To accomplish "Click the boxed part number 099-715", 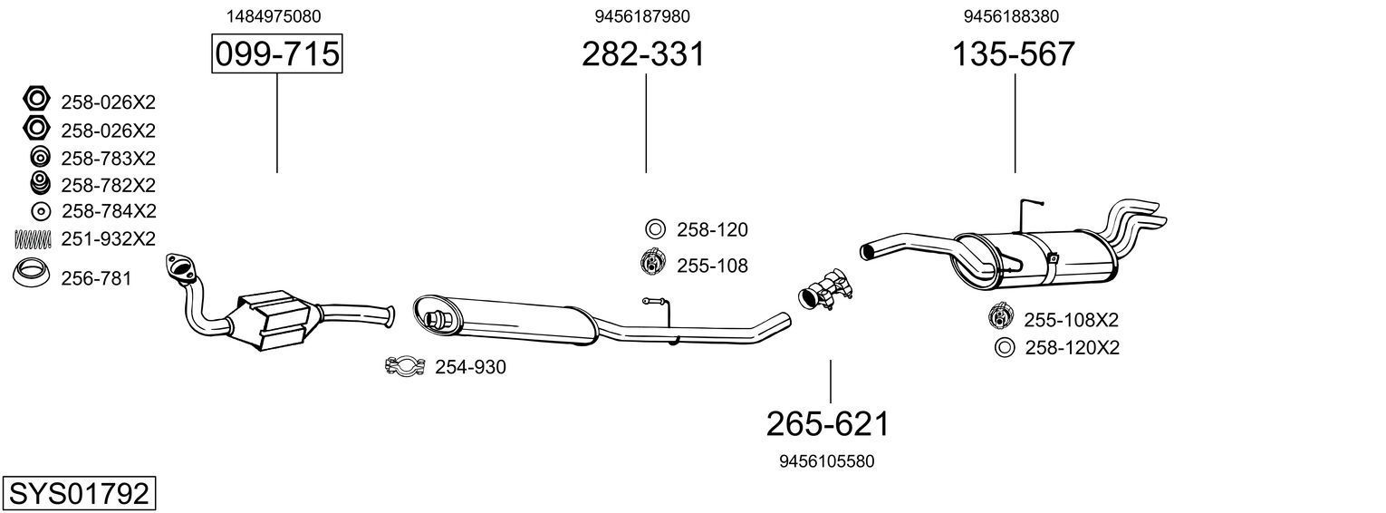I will [x=276, y=54].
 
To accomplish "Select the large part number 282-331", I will [x=643, y=54].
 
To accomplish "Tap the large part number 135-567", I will [x=1013, y=54].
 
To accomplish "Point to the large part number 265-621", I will [x=828, y=423].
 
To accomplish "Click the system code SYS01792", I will [x=78, y=494].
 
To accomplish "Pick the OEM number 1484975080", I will [x=273, y=16].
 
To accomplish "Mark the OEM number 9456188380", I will [x=1011, y=16].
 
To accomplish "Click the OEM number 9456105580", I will [x=826, y=461].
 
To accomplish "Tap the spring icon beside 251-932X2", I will [x=33, y=239].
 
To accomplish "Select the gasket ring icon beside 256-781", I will [x=33, y=272].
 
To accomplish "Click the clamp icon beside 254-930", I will [x=405, y=367].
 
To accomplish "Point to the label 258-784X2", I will [x=109, y=211].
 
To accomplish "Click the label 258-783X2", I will [x=108, y=159].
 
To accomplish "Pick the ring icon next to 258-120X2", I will [x=1003, y=347].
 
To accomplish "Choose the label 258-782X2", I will [x=108, y=185].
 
